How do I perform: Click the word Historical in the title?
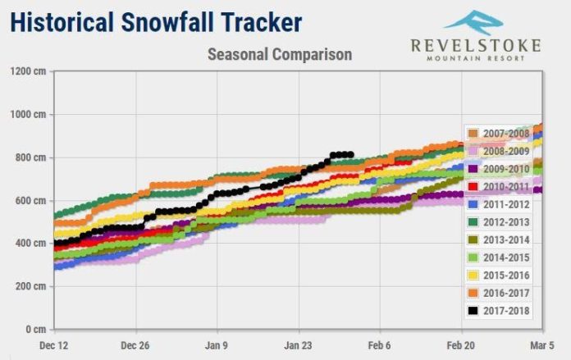pos(62,22)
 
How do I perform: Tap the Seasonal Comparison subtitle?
pos(280,55)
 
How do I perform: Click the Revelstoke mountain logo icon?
pos(473,23)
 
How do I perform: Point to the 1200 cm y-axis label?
pos(29,71)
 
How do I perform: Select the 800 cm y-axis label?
pos(30,157)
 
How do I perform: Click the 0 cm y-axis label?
pos(36,329)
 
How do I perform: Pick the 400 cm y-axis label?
pos(30,244)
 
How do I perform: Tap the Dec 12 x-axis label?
pos(54,345)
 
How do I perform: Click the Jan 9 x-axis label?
pos(217,345)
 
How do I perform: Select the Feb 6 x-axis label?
pos(379,345)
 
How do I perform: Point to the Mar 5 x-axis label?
pos(542,345)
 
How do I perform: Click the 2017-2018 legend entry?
pos(499,311)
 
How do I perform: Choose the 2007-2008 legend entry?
pos(499,133)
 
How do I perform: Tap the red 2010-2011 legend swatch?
pos(473,187)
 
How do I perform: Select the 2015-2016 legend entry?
pos(499,276)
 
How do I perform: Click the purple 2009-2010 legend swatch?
pos(473,169)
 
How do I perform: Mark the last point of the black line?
pos(350,155)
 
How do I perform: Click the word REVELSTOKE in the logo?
pos(476,46)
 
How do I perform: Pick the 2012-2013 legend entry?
pos(499,222)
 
